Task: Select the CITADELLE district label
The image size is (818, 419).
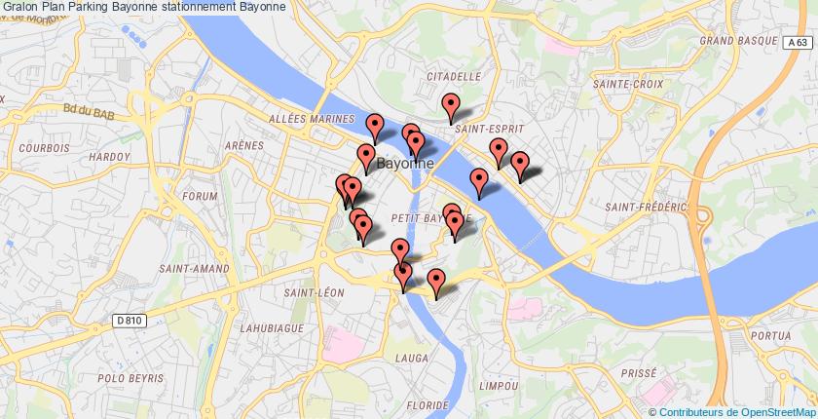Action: point(454,75)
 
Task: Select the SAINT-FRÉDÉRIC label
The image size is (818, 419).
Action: point(639,208)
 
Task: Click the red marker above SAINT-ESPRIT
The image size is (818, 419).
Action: point(450,105)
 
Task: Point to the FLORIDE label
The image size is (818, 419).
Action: point(428,403)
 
